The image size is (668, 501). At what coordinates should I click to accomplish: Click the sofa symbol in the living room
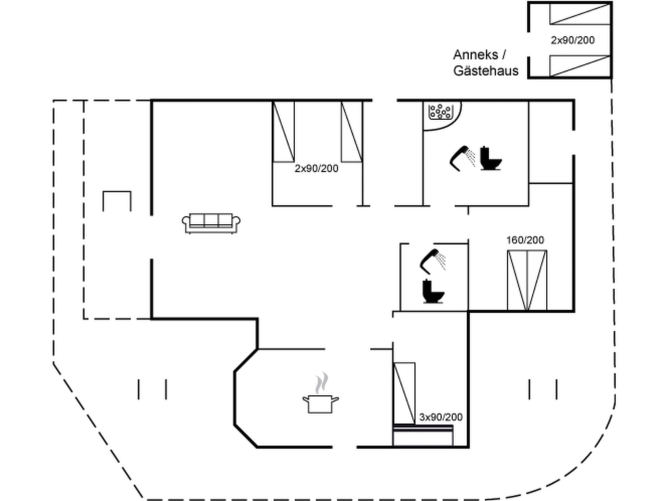tap(211, 223)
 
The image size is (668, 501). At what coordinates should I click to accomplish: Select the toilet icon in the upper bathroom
tap(491, 159)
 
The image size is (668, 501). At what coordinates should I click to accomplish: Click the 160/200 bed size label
tap(525, 240)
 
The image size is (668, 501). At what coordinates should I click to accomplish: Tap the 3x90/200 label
tap(441, 417)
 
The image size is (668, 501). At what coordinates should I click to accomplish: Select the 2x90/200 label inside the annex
tap(573, 40)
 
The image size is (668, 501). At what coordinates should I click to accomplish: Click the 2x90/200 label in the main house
tap(316, 168)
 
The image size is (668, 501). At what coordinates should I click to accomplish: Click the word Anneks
tap(476, 55)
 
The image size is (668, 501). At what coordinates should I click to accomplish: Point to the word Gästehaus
tap(486, 71)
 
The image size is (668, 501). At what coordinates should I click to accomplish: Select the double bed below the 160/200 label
tap(527, 280)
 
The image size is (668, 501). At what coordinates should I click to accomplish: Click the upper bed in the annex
tap(580, 14)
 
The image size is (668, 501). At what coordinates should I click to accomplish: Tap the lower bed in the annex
tap(580, 66)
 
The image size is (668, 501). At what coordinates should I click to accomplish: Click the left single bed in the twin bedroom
tap(283, 131)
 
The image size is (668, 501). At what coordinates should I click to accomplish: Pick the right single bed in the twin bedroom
tap(352, 131)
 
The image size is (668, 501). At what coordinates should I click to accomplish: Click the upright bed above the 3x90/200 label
tap(404, 393)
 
